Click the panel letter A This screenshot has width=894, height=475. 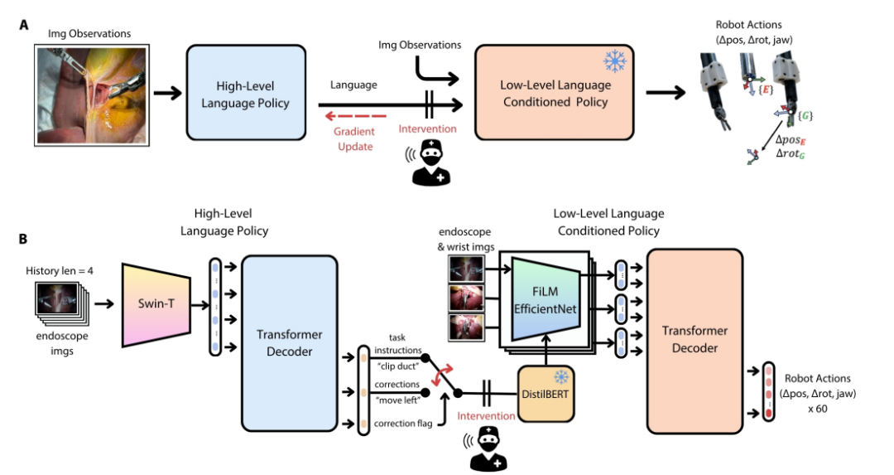[25, 24]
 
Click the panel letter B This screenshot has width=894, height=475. [25, 240]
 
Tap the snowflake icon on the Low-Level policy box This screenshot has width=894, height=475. [613, 62]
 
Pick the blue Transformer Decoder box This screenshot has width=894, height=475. [289, 343]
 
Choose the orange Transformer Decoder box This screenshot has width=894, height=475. [695, 343]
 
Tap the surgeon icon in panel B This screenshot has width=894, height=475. [487, 450]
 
